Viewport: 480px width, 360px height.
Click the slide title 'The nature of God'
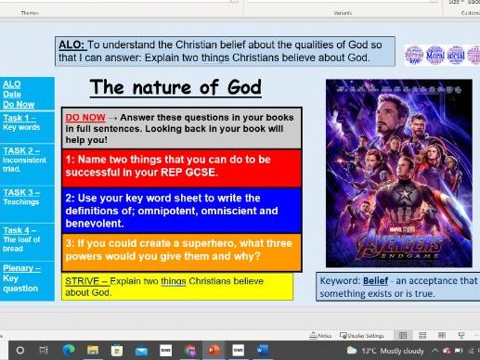pos(175,88)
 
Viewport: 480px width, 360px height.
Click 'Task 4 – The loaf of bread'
pos(21,239)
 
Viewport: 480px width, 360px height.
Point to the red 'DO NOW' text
pos(84,118)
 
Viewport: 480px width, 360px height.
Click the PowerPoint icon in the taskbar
pos(212,350)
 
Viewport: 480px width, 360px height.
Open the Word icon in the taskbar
pos(261,350)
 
